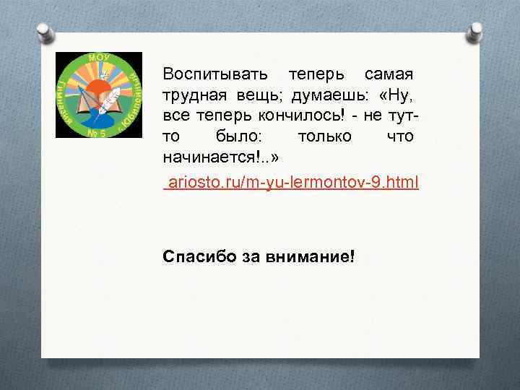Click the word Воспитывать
tap(215, 74)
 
